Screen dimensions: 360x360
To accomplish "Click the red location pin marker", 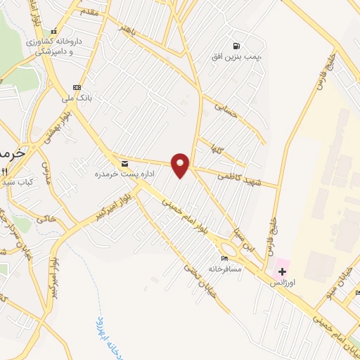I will pyautogui.click(x=181, y=165).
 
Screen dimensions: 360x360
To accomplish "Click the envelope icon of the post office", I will pyautogui.click(x=125, y=164).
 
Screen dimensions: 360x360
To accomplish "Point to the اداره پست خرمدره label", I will pyautogui.click(x=115, y=174).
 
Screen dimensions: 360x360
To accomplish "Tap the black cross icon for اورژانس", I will pyautogui.click(x=282, y=271).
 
